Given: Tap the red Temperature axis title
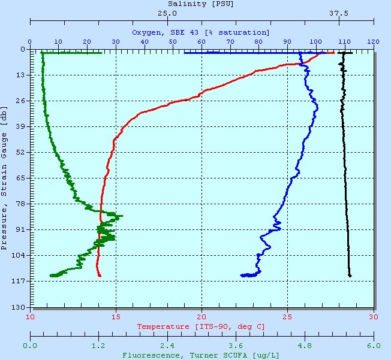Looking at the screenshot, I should [201, 326].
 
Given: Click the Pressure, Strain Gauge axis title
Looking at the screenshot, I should [5, 177].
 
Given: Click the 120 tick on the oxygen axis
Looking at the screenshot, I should [374, 41].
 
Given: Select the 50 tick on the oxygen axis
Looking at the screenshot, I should [173, 41].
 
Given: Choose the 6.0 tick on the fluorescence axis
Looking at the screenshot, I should [374, 346].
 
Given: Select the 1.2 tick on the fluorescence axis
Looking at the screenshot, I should [98, 346].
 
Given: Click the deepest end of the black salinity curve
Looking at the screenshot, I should [350, 276].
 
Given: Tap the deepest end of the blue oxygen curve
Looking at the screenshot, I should [242, 276].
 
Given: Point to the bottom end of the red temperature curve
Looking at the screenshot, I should [100, 276].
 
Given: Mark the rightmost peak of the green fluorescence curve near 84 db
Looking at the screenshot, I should [122, 216].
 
